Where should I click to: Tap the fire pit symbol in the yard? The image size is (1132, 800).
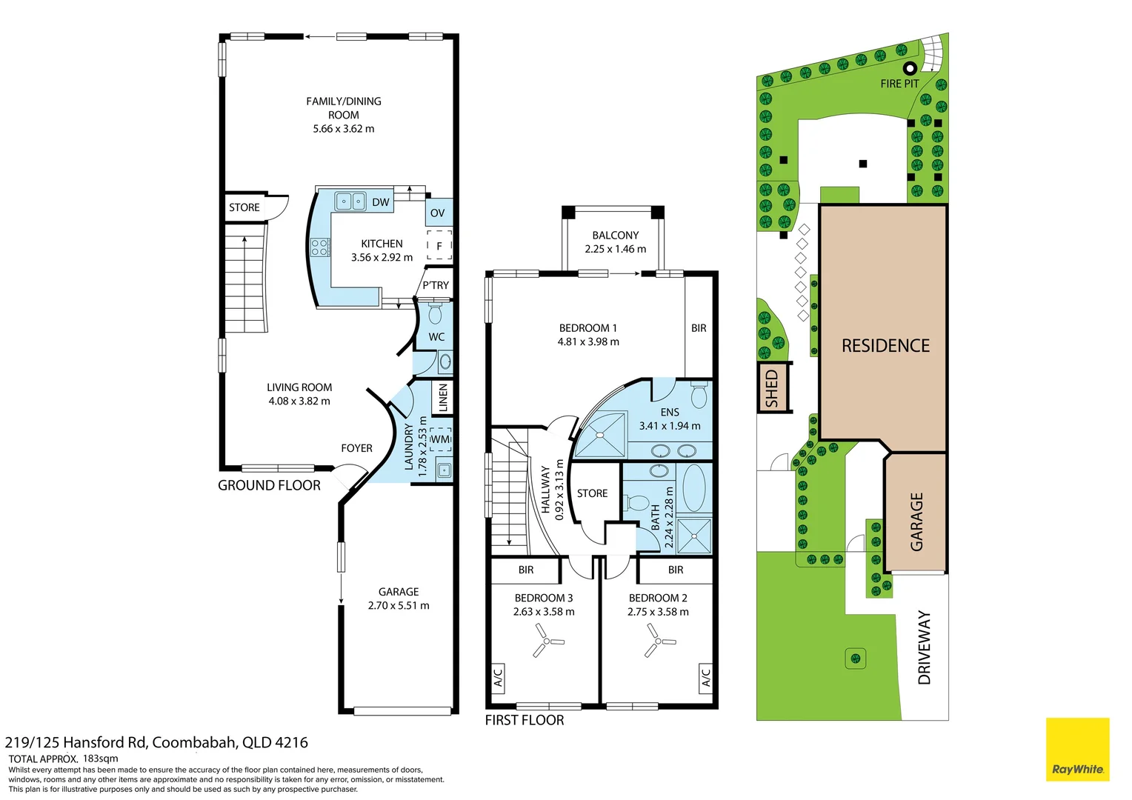(910, 67)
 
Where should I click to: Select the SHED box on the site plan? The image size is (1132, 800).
(773, 387)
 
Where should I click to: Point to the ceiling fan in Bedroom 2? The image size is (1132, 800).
(659, 641)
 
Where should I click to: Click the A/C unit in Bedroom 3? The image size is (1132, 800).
(498, 678)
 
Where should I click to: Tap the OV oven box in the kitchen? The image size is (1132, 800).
(439, 213)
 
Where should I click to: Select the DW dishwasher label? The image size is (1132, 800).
(381, 202)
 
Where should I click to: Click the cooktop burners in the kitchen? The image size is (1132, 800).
(320, 247)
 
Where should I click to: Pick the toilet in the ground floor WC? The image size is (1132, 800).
(435, 313)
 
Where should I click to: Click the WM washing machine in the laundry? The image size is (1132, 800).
(440, 439)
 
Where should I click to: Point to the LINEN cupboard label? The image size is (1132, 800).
(443, 397)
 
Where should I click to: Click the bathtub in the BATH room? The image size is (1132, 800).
(694, 488)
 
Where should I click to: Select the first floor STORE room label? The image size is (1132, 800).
(592, 493)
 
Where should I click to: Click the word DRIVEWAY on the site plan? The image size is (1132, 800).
(924, 648)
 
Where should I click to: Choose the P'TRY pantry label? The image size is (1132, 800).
(436, 285)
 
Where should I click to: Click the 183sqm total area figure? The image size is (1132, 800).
(100, 759)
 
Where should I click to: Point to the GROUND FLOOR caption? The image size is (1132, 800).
(269, 486)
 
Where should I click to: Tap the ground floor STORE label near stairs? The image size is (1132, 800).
(244, 207)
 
